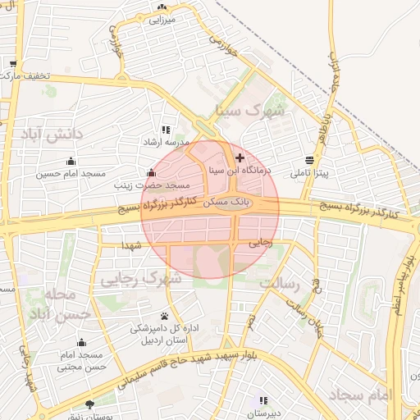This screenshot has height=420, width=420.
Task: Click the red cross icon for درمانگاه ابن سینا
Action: [240, 157]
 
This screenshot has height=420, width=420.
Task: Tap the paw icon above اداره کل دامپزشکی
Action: [165, 316]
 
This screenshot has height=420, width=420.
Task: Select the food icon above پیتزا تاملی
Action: [309, 159]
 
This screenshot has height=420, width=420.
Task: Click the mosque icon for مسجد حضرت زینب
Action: [150, 173]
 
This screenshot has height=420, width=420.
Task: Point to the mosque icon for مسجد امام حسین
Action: [71, 161]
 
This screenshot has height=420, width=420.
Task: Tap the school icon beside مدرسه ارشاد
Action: [167, 130]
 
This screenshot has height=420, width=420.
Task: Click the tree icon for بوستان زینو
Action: [89, 404]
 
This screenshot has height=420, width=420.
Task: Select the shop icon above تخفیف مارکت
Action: [13, 64]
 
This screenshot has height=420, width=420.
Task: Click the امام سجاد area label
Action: [362, 395]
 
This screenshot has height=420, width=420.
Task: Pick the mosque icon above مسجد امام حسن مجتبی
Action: [80, 343]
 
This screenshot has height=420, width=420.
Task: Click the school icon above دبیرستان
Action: [262, 400]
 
